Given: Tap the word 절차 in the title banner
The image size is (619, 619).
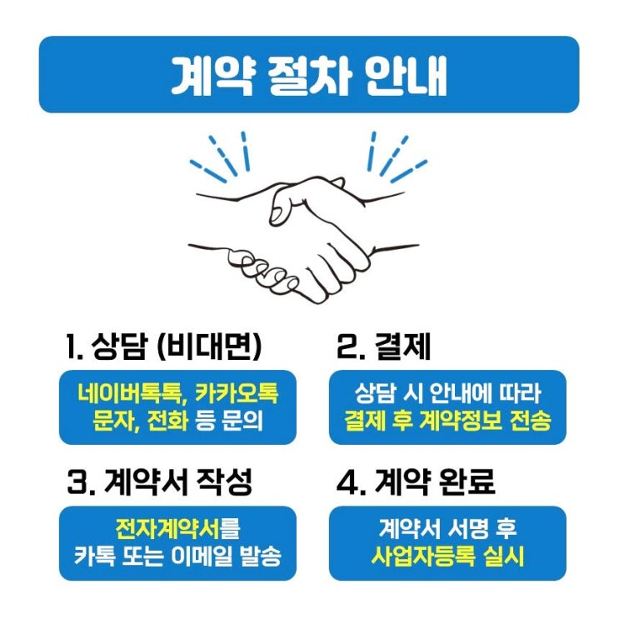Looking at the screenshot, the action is [x=309, y=75].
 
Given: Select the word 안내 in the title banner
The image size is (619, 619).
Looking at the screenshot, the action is [x=407, y=75].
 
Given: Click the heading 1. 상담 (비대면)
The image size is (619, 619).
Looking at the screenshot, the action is [x=164, y=347].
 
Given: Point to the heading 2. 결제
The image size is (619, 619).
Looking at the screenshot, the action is [x=383, y=347].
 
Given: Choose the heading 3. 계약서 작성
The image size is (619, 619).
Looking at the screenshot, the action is [x=159, y=482].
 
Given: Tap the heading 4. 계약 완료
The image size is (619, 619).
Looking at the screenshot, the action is [x=416, y=482].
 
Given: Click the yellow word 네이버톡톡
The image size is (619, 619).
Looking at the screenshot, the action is [x=129, y=393].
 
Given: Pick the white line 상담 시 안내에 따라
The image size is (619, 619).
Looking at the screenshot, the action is [x=447, y=393].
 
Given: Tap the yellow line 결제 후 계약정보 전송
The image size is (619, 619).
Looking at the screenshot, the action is [x=447, y=421].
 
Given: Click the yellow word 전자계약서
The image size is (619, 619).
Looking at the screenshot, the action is [x=167, y=528].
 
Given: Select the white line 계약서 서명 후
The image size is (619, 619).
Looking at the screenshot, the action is [x=447, y=528].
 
